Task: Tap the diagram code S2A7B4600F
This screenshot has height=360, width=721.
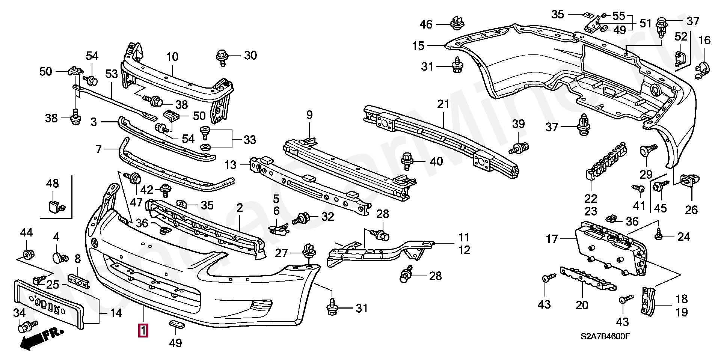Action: click(x=605, y=336)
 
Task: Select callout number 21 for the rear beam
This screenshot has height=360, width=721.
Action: click(x=443, y=104)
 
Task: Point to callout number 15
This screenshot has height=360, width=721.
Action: click(x=418, y=46)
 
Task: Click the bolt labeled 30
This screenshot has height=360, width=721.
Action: click(x=222, y=57)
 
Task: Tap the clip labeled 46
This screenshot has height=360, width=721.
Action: click(x=457, y=23)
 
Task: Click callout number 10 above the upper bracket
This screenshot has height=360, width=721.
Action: click(x=172, y=57)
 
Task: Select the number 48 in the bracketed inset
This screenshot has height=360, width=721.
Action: click(x=53, y=183)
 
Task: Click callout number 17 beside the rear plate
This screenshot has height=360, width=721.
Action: click(x=552, y=239)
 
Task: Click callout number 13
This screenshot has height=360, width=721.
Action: click(x=230, y=164)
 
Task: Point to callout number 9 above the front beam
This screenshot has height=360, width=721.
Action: click(x=309, y=115)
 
